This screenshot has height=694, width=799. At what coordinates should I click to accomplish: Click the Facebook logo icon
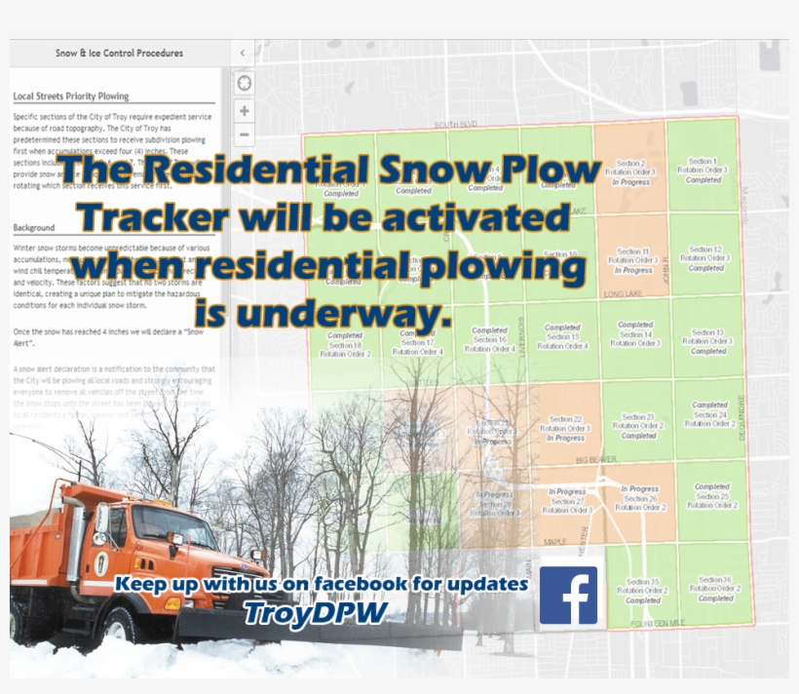click(x=569, y=596)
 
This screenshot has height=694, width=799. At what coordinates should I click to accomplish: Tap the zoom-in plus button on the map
click(x=244, y=110)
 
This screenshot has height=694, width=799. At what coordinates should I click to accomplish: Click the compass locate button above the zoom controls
click(x=244, y=83)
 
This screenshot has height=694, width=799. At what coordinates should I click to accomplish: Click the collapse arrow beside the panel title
click(x=243, y=53)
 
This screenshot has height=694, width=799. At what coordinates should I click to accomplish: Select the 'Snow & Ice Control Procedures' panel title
click(x=119, y=53)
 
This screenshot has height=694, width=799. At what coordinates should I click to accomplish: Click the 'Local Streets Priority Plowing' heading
click(x=71, y=96)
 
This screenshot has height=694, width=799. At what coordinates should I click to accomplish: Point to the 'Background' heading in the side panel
click(x=34, y=228)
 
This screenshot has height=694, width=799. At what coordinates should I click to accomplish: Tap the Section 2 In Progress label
click(x=630, y=173)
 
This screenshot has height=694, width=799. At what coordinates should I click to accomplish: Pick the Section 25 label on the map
click(x=712, y=496)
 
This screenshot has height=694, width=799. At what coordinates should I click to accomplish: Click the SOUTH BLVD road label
click(x=457, y=125)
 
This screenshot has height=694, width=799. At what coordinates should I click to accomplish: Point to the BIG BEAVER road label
click(x=596, y=457)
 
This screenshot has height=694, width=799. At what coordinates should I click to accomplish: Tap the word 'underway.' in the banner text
click(x=323, y=312)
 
